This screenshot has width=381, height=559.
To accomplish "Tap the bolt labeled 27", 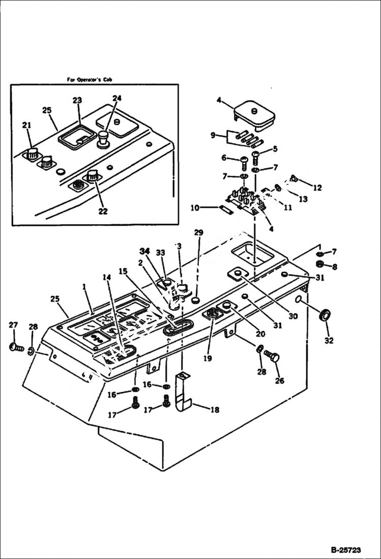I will tap(15, 348).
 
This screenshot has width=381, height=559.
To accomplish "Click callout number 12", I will tap(317, 188).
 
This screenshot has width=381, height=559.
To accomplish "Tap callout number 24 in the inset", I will tap(117, 98).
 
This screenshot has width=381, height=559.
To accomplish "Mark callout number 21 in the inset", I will tap(27, 125).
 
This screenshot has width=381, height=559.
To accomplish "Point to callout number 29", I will tap(198, 233).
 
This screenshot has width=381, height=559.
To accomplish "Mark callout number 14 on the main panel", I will tap(106, 277).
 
